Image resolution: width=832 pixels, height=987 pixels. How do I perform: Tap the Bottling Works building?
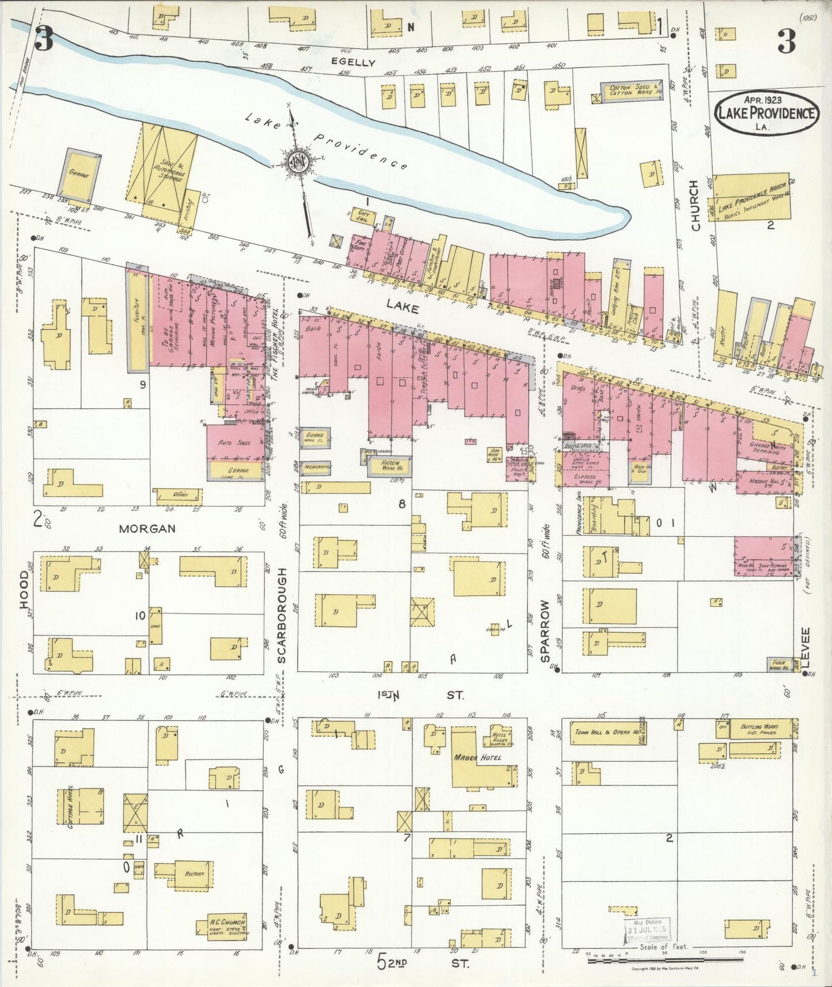761,728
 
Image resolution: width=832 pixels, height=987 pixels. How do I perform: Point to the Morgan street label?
147,529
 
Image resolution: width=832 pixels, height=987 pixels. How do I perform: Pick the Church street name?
696,206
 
